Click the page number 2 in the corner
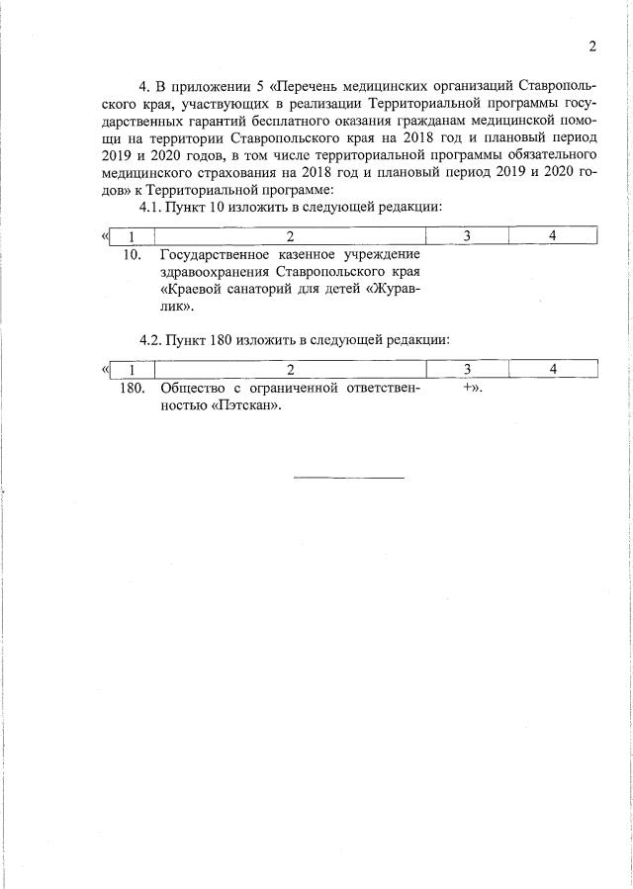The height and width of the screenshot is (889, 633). [x=592, y=46]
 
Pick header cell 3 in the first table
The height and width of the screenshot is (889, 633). [x=466, y=235]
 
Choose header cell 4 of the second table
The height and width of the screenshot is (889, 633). [x=553, y=369]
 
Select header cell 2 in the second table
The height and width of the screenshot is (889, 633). [x=290, y=369]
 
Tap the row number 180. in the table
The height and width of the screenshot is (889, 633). [x=132, y=388]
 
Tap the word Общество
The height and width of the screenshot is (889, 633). [x=188, y=388]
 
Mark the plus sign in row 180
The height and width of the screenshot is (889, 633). [x=466, y=388]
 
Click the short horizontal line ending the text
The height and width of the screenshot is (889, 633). [x=349, y=478]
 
